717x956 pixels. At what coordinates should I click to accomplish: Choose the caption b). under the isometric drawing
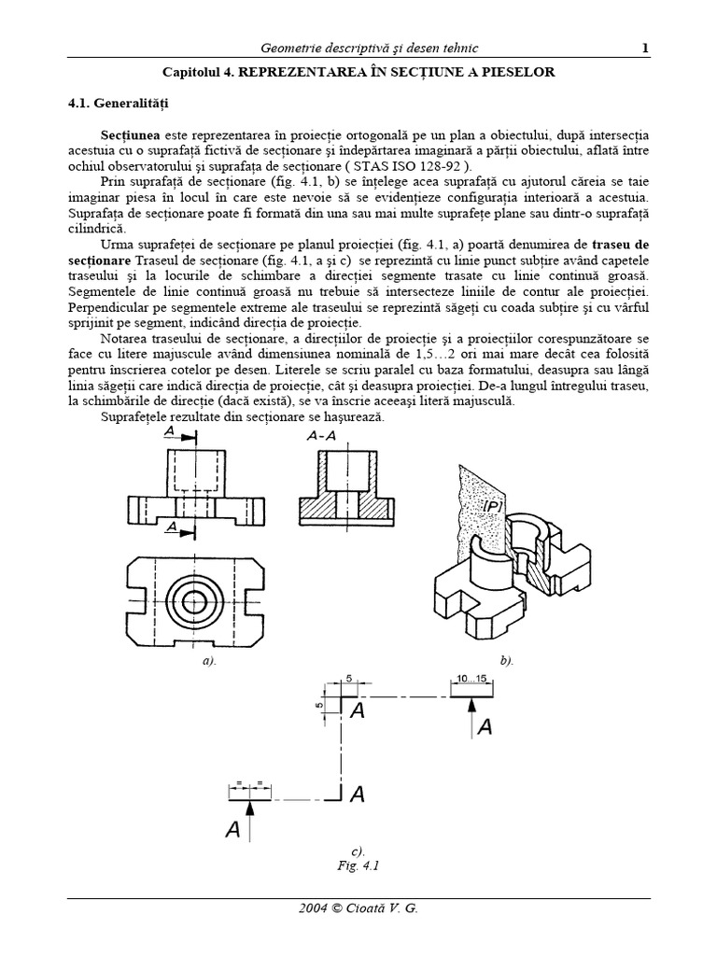point(506,660)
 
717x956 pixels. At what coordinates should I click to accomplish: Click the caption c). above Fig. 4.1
point(357,851)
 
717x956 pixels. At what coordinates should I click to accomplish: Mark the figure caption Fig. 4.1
point(357,865)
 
